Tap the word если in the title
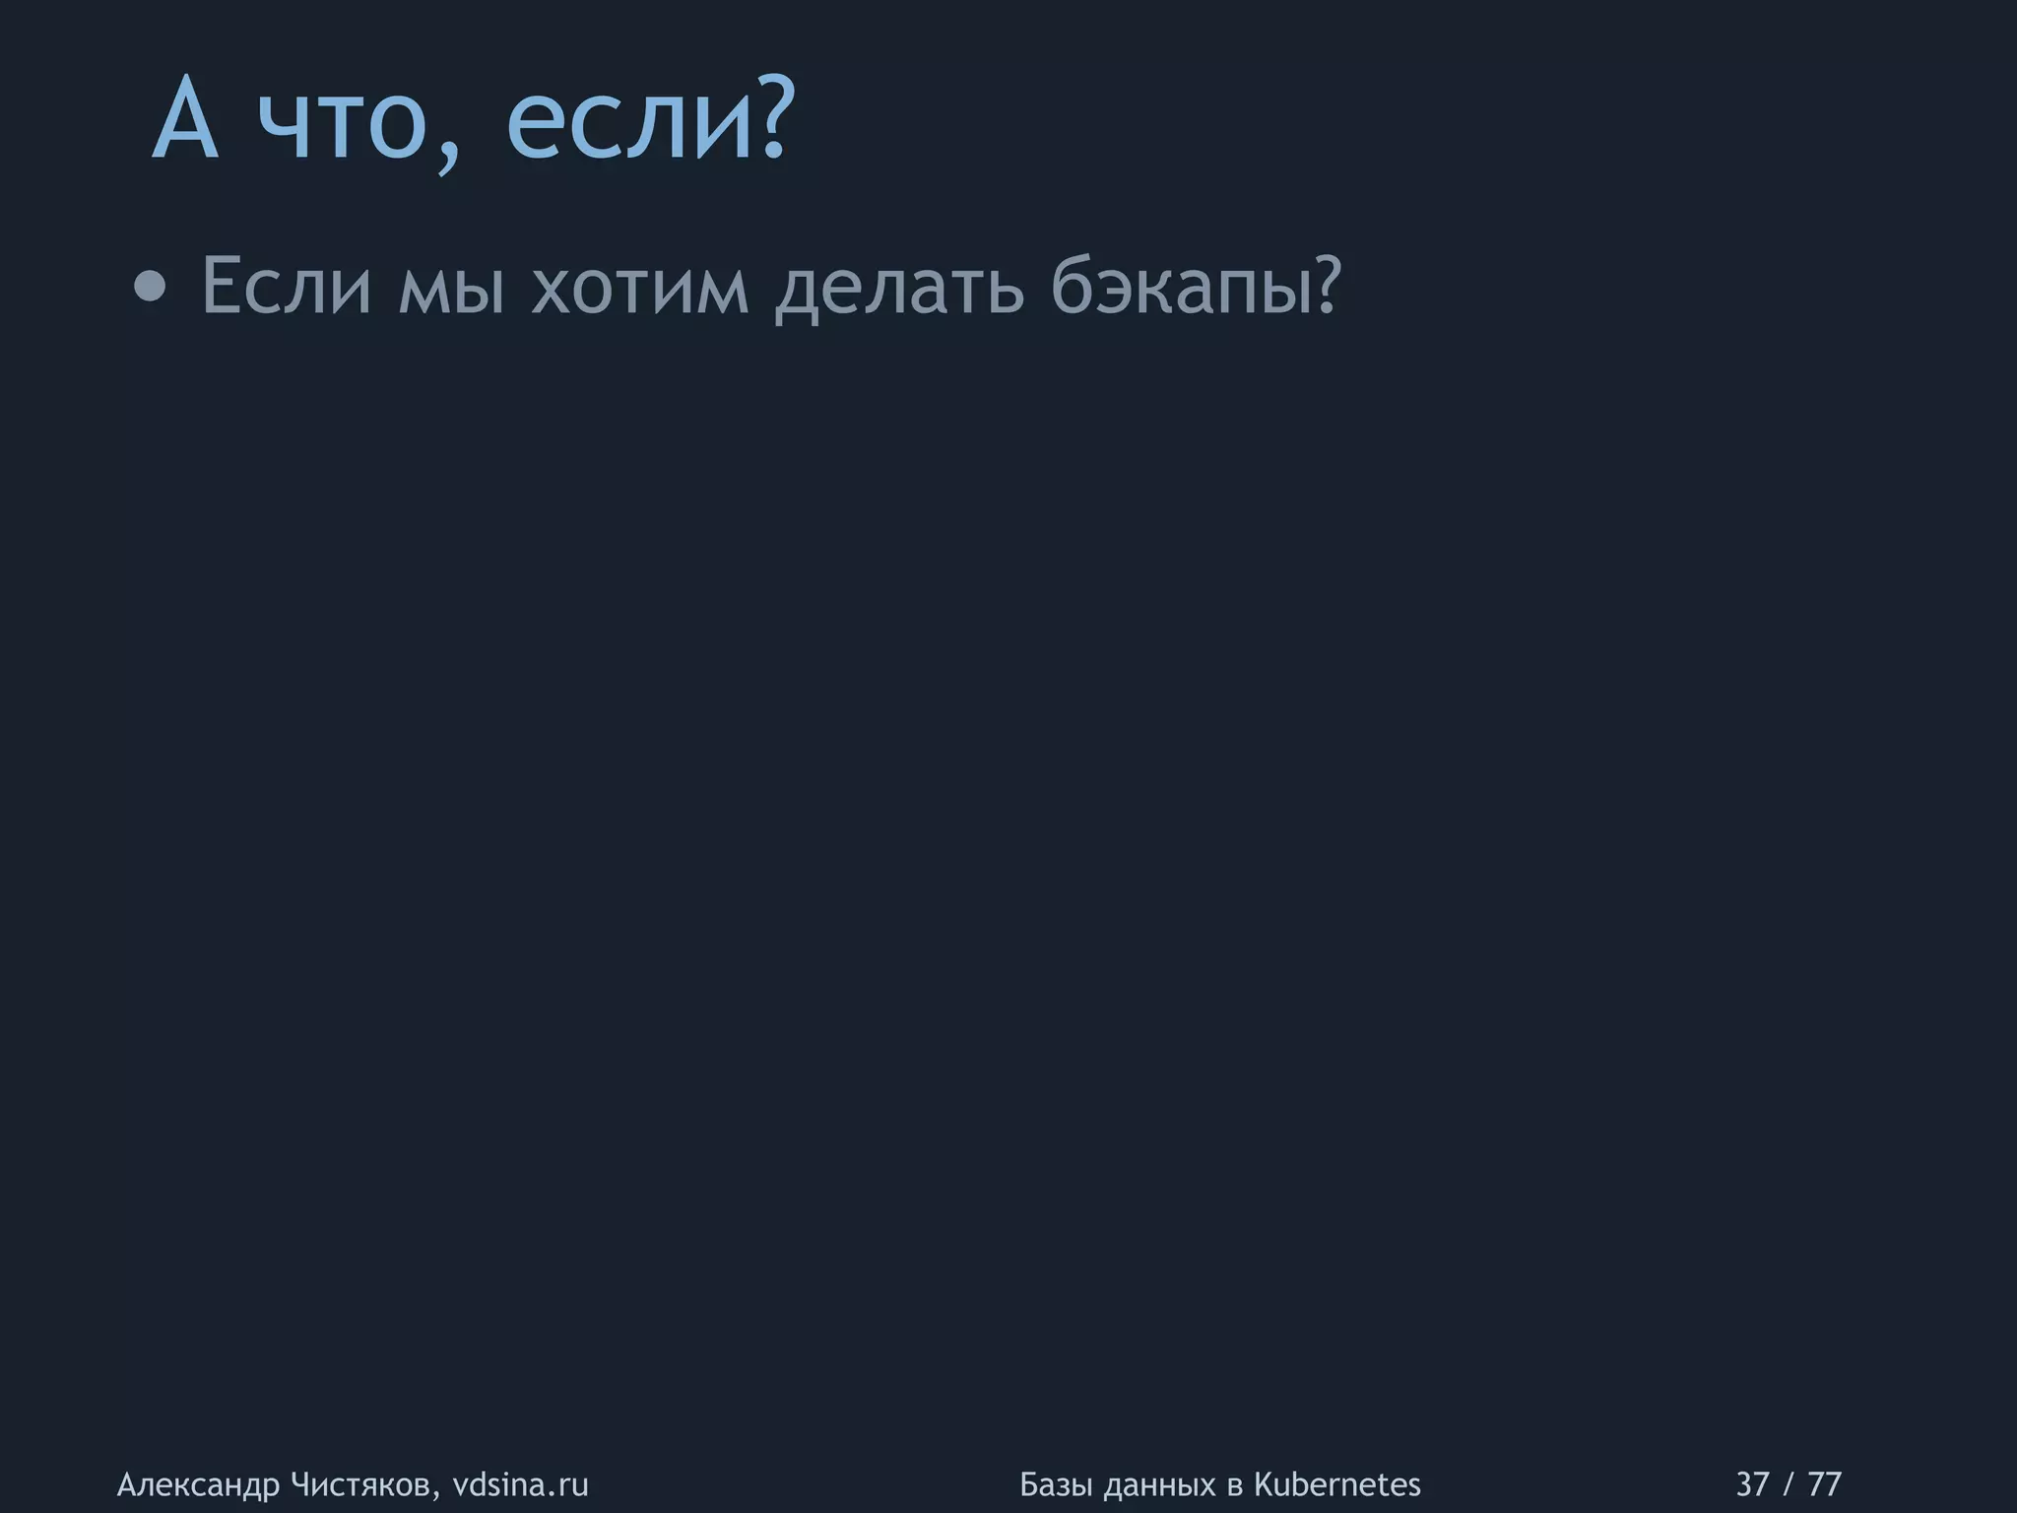[x=631, y=128]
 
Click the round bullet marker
[x=150, y=288]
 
